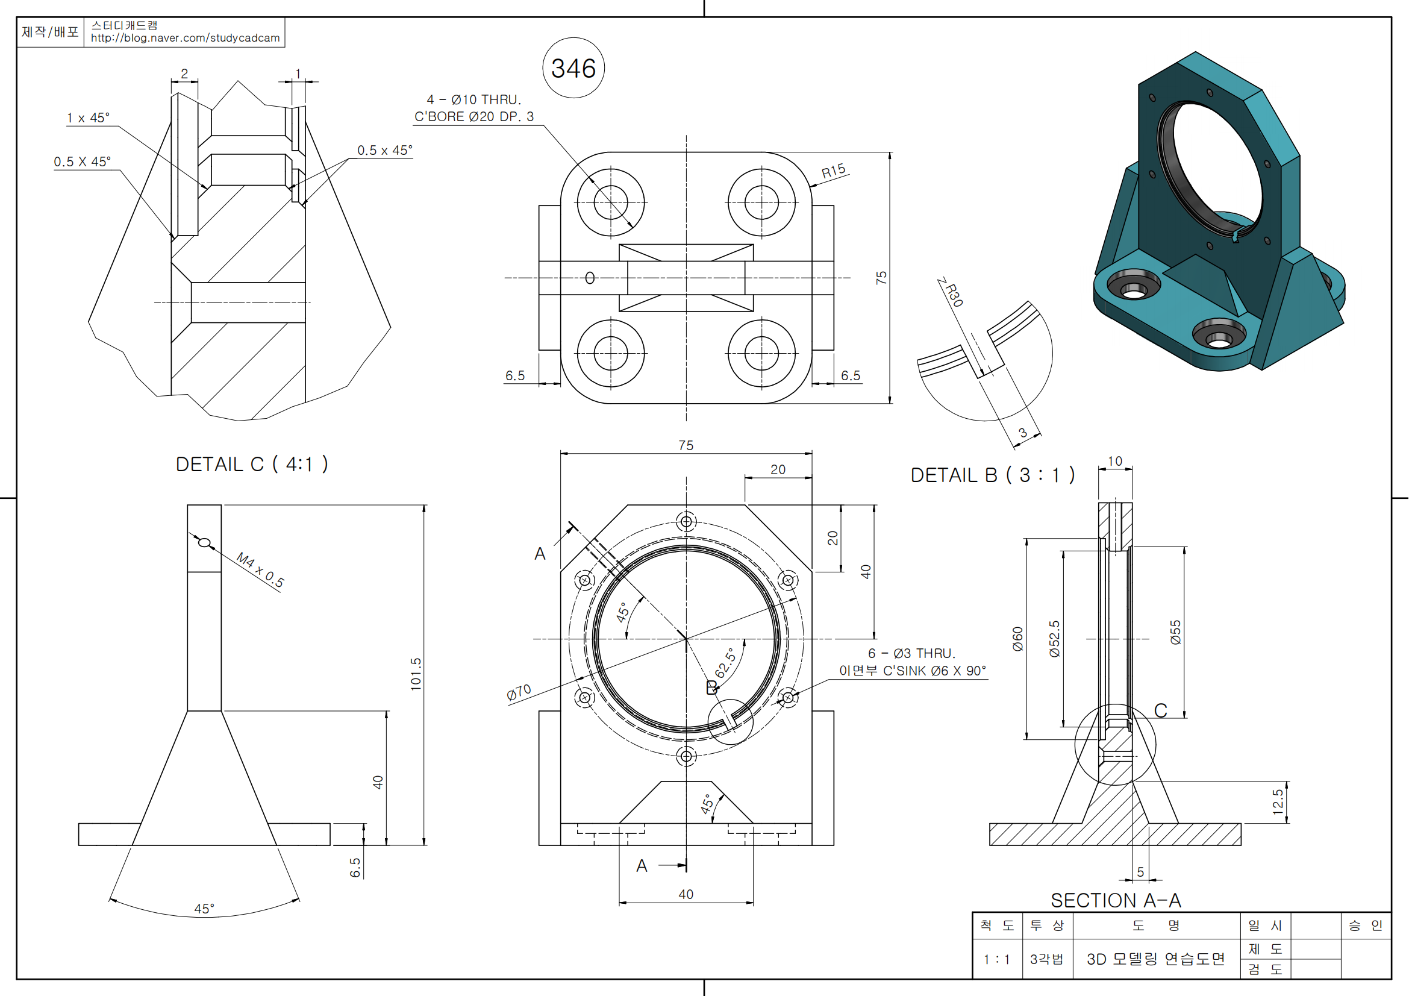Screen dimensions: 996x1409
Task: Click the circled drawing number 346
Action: click(x=573, y=68)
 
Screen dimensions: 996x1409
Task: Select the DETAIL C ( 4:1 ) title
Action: click(x=252, y=465)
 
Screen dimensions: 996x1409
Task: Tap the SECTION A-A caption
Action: click(x=1115, y=900)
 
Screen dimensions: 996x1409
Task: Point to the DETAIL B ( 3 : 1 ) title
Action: click(x=992, y=475)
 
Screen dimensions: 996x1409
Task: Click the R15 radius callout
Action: click(x=833, y=171)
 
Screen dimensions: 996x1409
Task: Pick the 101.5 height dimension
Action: click(x=417, y=674)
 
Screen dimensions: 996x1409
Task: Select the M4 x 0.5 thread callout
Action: click(x=261, y=570)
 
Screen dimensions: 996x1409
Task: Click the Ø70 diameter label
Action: click(x=519, y=692)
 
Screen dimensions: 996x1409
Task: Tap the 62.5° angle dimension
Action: click(x=725, y=663)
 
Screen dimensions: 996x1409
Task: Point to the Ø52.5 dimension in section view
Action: click(x=1054, y=639)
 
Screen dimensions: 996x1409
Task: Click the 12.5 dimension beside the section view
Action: click(x=1278, y=801)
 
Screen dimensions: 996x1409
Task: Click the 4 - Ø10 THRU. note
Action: click(x=473, y=99)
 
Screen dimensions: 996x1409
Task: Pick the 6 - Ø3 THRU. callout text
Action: click(x=911, y=654)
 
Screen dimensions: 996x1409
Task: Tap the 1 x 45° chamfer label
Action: click(x=89, y=118)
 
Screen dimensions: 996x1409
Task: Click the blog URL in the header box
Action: click(x=186, y=38)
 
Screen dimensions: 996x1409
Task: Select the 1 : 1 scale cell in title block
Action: click(x=996, y=959)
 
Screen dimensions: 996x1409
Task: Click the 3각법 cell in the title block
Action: click(x=1046, y=959)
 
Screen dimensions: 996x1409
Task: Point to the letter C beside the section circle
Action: click(x=1160, y=710)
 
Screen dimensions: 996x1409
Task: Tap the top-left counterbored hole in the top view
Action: click(x=611, y=202)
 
